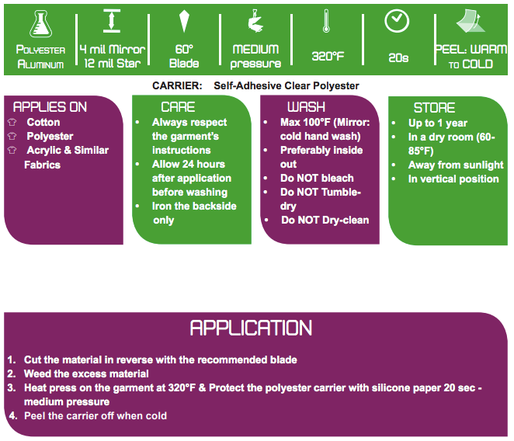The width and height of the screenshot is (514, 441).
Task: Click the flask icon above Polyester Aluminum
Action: pos(40,24)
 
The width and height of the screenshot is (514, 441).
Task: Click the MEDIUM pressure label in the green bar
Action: pos(255,56)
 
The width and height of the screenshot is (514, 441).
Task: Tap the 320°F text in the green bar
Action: pos(328,57)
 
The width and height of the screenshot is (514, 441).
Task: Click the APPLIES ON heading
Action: pos(50,107)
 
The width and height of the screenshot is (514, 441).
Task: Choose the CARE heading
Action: pos(178,107)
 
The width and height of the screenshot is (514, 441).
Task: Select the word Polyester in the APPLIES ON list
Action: pos(50,136)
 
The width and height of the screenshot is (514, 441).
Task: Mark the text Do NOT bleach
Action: pos(317,178)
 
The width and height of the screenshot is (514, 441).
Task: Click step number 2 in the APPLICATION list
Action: pos(12,373)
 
